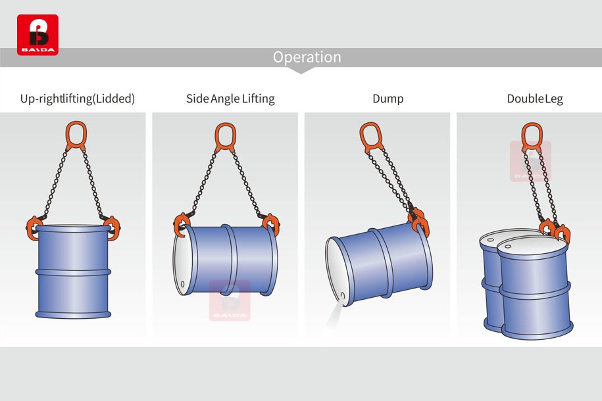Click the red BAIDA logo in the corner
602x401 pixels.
(x=38, y=35)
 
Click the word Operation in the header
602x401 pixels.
(x=307, y=57)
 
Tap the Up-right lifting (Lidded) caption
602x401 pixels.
(x=78, y=99)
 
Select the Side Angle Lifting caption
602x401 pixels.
(x=230, y=99)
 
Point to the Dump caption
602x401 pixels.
(x=388, y=99)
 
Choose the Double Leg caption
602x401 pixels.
(x=535, y=99)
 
